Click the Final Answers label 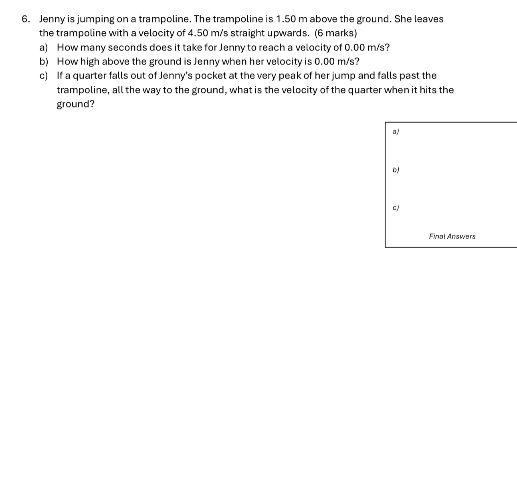pyautogui.click(x=452, y=237)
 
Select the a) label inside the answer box pyautogui.click(x=396, y=132)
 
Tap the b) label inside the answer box pyautogui.click(x=396, y=170)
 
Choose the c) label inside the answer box pyautogui.click(x=396, y=208)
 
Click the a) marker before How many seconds pyautogui.click(x=44, y=48)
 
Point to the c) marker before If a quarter pyautogui.click(x=44, y=76)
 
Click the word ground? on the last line pyautogui.click(x=75, y=105)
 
